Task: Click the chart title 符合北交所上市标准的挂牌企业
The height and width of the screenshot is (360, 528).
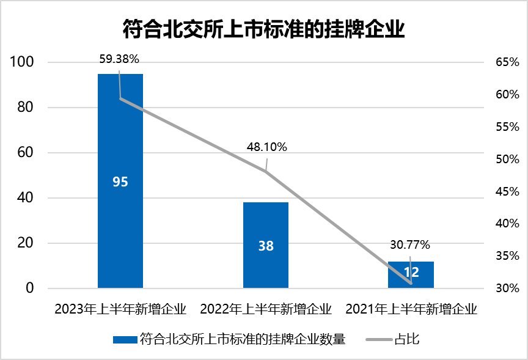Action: pyautogui.click(x=264, y=28)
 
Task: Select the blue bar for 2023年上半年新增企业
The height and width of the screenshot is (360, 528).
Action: pyautogui.click(x=120, y=134)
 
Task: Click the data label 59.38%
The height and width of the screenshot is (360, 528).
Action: pyautogui.click(x=119, y=59)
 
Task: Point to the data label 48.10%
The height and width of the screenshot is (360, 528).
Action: pyautogui.click(x=266, y=147)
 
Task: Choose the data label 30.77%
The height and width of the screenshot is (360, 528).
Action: pyautogui.click(x=410, y=245)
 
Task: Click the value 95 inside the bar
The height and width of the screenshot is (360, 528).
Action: pyautogui.click(x=120, y=182)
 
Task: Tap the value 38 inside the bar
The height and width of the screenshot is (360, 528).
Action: pyautogui.click(x=266, y=246)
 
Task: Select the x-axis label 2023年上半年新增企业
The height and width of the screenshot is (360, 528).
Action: pyautogui.click(x=120, y=308)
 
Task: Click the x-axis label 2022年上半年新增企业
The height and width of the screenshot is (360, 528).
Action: pyautogui.click(x=266, y=308)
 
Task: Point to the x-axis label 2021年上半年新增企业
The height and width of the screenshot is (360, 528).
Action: pyautogui.click(x=411, y=308)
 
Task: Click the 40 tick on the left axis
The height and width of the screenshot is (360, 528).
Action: pyautogui.click(x=24, y=198)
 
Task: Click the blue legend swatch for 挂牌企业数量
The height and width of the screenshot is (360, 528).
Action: pyautogui.click(x=125, y=339)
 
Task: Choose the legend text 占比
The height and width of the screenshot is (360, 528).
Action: pyautogui.click(x=407, y=339)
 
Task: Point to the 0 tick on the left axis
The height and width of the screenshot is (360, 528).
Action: pyautogui.click(x=28, y=288)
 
